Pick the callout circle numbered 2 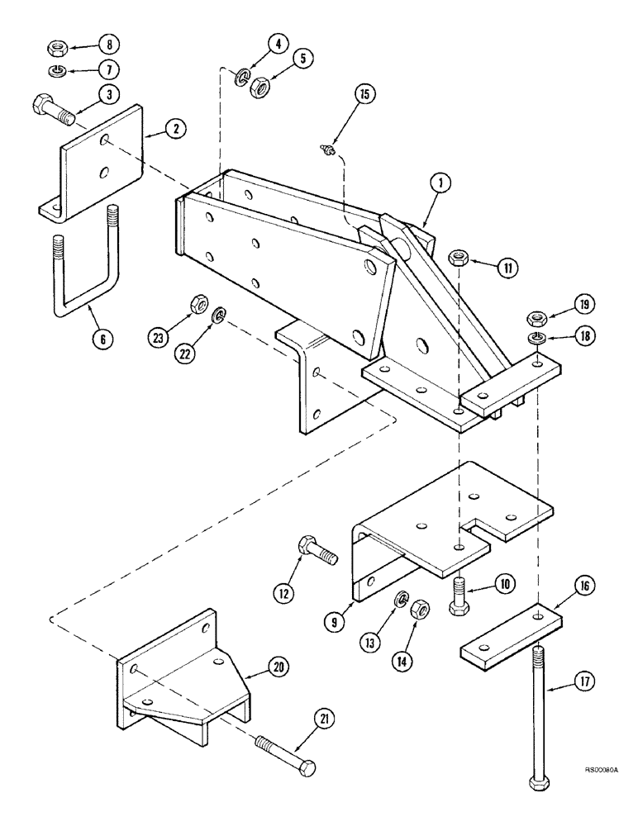[x=174, y=128]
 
